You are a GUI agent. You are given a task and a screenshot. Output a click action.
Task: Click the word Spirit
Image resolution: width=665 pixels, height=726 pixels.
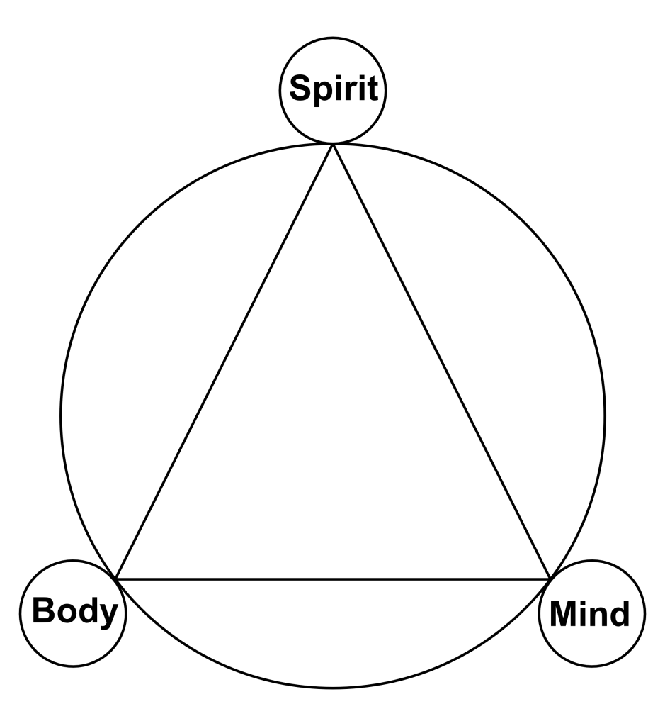(x=334, y=90)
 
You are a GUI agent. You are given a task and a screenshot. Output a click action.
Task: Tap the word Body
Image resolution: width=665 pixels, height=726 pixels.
(x=74, y=610)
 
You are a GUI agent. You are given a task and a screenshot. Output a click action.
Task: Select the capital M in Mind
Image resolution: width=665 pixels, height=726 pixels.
(x=565, y=613)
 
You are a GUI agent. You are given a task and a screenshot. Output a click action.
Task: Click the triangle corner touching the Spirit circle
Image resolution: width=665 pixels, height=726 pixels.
(x=333, y=145)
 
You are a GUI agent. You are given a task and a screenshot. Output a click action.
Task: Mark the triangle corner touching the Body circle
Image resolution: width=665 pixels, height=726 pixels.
(x=116, y=579)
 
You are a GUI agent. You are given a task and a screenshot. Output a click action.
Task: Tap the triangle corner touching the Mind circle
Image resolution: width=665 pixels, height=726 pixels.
(x=550, y=579)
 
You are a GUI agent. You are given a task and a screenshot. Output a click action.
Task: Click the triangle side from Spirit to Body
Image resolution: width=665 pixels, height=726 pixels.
(x=224, y=362)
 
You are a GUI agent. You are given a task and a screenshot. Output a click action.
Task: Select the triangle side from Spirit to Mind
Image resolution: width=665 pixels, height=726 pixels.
(x=441, y=362)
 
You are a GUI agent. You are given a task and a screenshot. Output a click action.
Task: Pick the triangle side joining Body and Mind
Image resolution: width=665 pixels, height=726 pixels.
(x=333, y=579)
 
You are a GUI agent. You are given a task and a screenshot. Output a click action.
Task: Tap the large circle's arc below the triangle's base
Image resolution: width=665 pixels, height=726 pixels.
(x=333, y=688)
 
